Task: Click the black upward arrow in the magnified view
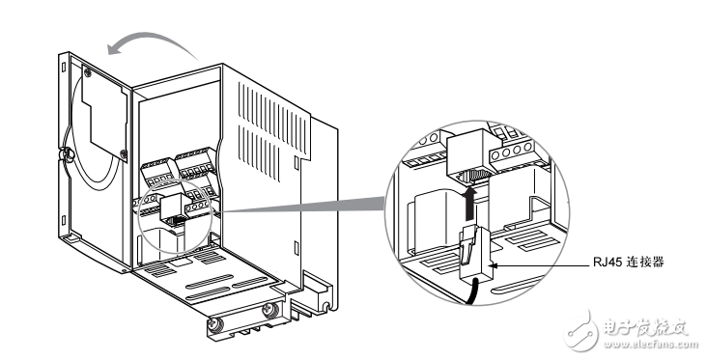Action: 469,204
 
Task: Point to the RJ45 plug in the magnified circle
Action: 474,254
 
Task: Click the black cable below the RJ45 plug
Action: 473,291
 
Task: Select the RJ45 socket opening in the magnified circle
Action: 476,177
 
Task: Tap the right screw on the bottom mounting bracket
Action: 270,310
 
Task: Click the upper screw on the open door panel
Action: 88,71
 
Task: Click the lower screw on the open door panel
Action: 124,153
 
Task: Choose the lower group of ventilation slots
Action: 259,152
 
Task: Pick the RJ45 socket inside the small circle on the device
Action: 173,208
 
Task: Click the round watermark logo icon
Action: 581,332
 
